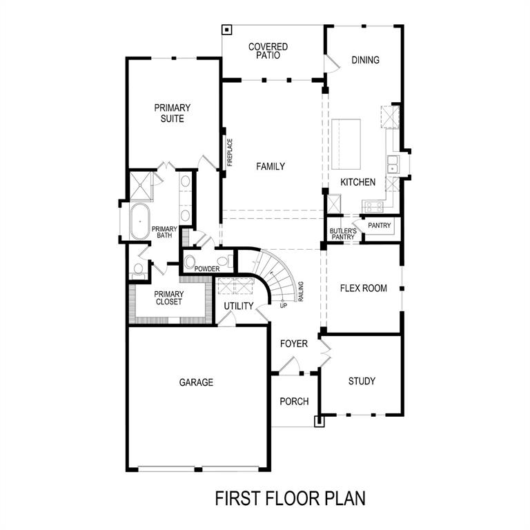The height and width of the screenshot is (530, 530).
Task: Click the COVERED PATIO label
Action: point(268,51)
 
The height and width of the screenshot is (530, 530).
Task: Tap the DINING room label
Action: point(365,60)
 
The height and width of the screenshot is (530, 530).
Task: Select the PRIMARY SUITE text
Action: point(173,113)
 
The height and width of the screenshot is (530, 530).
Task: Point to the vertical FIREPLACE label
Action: point(230,153)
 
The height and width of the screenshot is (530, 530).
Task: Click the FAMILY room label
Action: point(271,166)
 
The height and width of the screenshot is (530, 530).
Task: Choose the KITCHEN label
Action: point(357,183)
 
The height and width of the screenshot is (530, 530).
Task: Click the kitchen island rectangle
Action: point(346,144)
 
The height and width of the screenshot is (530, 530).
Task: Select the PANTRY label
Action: point(379,226)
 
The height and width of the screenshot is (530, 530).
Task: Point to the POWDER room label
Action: point(206,269)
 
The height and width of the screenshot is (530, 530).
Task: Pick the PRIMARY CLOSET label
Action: point(168,297)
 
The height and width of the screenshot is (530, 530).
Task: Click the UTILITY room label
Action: point(239,306)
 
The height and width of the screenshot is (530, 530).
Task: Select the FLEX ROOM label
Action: point(364,288)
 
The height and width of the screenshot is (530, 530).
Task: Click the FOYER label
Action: point(294,344)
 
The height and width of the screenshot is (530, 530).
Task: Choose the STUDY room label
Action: point(362,381)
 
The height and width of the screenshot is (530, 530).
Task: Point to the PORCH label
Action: point(294,402)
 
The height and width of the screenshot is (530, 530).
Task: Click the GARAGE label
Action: point(196,382)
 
